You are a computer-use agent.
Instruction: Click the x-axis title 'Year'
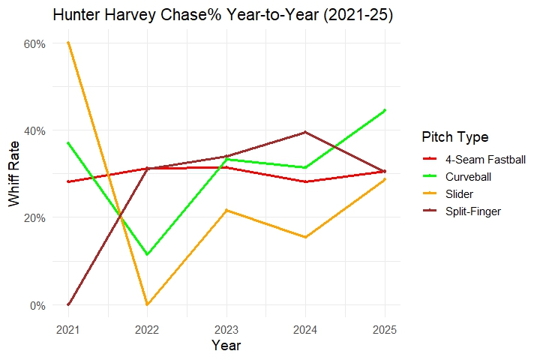click(226, 345)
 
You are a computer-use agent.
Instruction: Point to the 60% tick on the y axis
click(36, 43)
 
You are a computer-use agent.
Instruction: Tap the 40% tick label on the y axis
click(36, 130)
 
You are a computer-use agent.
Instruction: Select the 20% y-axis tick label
click(36, 217)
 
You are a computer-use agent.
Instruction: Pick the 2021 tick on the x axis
click(68, 329)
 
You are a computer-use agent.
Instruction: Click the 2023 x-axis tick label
click(226, 329)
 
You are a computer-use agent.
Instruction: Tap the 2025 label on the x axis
click(385, 329)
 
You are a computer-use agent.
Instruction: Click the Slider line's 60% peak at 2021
click(68, 43)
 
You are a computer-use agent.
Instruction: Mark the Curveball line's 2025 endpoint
click(385, 110)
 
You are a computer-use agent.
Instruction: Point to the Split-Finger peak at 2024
click(305, 132)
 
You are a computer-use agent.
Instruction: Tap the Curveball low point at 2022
click(147, 255)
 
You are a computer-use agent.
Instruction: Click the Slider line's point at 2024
click(305, 237)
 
